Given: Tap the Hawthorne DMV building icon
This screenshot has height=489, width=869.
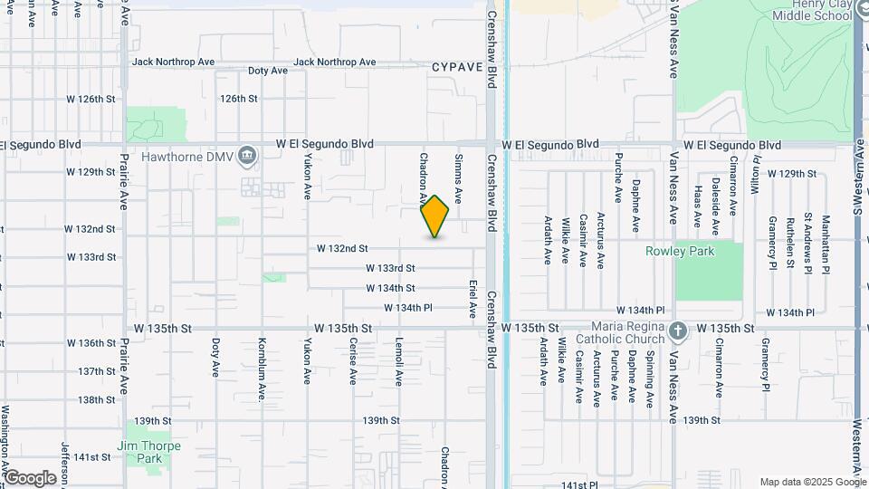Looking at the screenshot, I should [246, 157].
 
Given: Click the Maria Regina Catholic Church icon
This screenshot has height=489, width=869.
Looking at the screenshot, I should [680, 331].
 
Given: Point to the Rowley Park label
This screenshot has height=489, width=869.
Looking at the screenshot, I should [680, 251].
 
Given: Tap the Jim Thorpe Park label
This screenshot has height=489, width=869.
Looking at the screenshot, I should [148, 452].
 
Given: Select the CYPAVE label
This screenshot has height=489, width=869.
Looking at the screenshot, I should [457, 67].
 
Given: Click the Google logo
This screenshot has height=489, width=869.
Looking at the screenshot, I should [29, 478].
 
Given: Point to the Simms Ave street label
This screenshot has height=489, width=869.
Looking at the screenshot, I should [458, 177].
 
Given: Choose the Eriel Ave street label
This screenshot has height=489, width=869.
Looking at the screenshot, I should [473, 298].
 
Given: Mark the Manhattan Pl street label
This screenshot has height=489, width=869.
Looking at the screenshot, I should [826, 244].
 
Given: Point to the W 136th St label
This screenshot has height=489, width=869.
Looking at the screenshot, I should [91, 343].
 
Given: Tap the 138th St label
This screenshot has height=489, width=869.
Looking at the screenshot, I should [96, 399].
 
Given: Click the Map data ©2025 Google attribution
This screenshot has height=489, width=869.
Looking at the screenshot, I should [812, 482].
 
